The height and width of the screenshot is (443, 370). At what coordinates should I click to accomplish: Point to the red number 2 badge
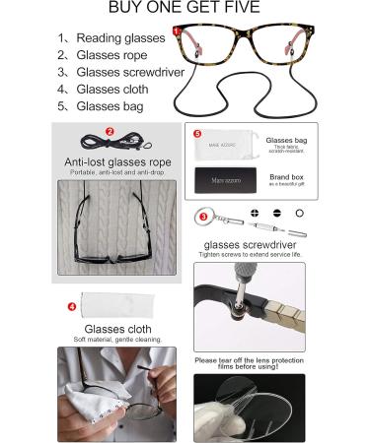tap(110, 130)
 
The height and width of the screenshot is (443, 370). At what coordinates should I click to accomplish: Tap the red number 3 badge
tap(203, 216)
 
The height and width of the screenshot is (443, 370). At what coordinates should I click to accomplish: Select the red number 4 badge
tap(71, 306)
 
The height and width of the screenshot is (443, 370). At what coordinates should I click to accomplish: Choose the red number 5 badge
tap(197, 132)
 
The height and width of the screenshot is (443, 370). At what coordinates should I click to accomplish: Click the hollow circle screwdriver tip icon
tap(299, 213)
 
